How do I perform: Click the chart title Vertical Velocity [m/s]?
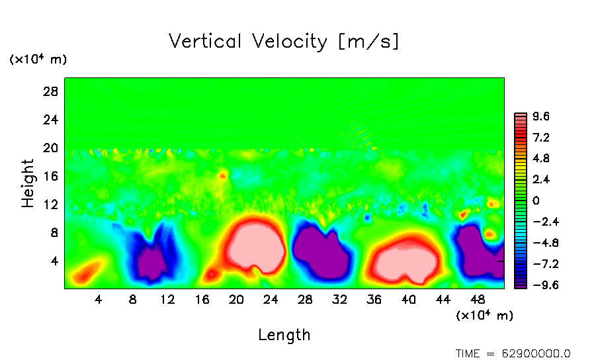(284, 42)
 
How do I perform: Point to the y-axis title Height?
(28, 183)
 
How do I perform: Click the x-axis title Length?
(284, 335)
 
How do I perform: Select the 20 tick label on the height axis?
(51, 148)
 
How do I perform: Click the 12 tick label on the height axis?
(51, 204)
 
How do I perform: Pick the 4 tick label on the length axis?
(99, 299)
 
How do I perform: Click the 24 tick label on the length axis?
(271, 299)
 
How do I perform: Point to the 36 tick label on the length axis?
(374, 299)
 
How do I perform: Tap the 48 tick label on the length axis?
(478, 299)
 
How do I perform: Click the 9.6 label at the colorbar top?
(542, 117)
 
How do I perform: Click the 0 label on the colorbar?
(536, 201)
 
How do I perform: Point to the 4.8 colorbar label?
(542, 159)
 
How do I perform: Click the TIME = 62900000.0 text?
(513, 353)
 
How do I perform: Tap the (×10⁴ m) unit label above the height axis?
(38, 60)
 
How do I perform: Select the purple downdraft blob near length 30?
(322, 250)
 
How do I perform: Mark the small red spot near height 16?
(222, 176)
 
